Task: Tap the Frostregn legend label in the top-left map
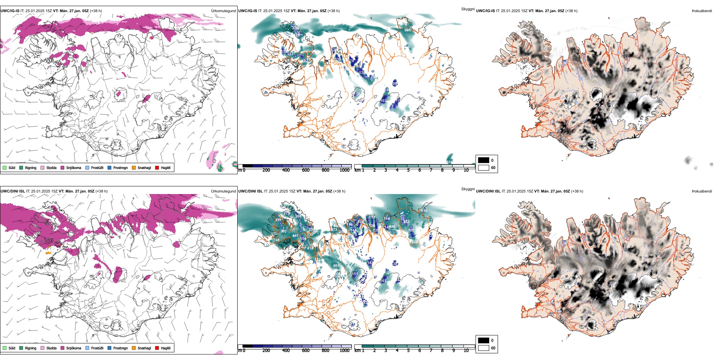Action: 120,167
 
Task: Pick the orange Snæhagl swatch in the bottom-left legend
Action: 134,348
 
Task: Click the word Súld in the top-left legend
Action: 12,167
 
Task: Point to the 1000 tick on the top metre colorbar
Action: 344,170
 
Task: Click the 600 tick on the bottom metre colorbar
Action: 305,351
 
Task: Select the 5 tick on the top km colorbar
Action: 408,170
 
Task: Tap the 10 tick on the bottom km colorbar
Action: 466,351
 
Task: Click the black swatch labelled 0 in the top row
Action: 484,160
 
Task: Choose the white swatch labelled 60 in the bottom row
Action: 484,348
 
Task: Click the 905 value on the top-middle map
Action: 407,30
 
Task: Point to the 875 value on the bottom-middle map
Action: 336,266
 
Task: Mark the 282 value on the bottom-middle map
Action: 406,222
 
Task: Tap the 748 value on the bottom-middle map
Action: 276,240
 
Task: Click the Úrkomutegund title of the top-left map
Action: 223,11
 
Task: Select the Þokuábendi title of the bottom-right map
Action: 702,191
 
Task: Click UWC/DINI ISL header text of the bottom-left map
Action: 13,191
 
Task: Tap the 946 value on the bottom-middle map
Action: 415,242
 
